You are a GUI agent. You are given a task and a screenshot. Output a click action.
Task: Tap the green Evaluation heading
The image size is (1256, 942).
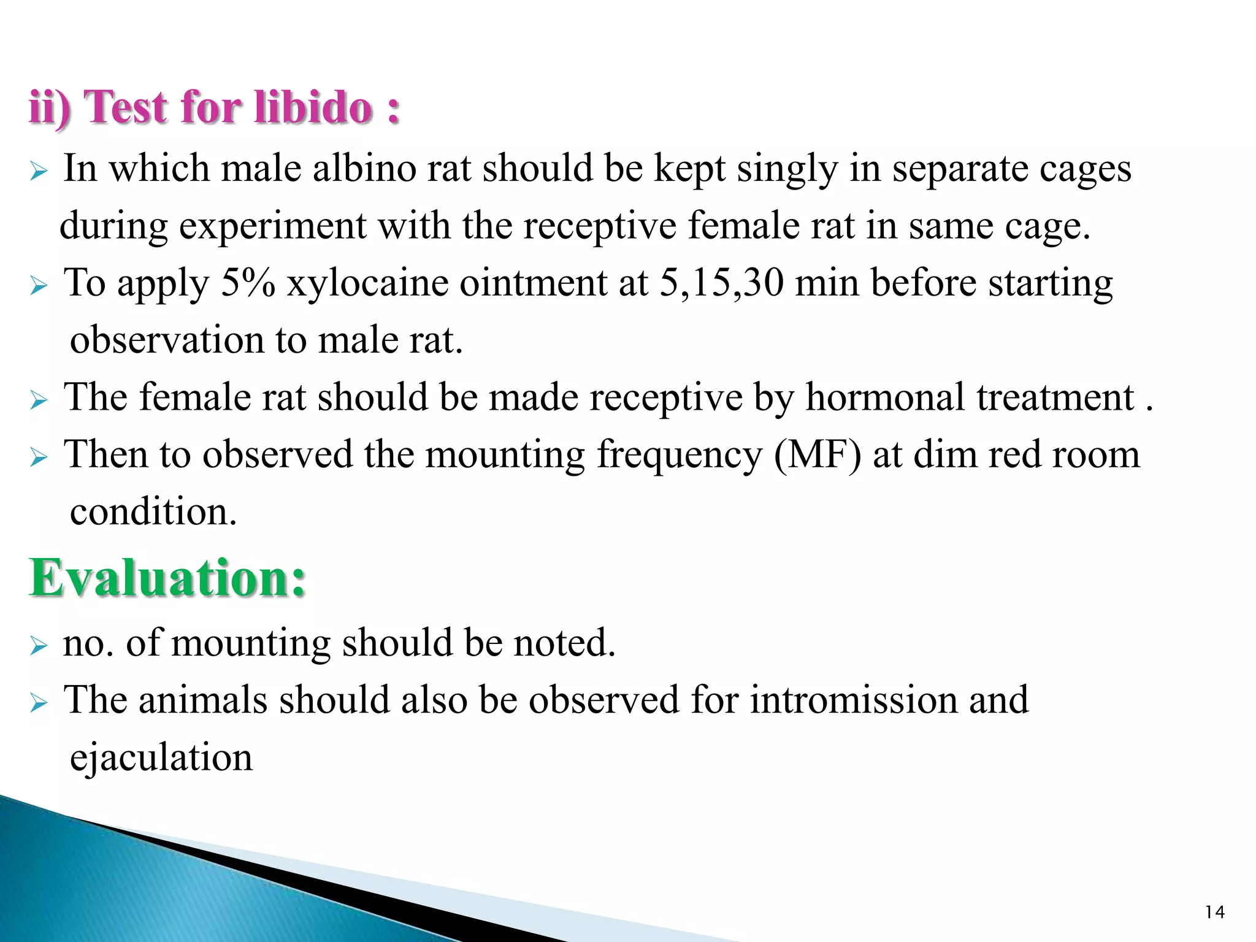pos(167,578)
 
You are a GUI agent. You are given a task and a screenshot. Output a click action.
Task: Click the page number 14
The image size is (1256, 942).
pos(1214,913)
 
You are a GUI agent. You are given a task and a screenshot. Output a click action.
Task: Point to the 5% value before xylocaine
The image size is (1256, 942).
pos(247,283)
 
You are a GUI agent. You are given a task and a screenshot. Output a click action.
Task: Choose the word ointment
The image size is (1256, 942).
pos(533,283)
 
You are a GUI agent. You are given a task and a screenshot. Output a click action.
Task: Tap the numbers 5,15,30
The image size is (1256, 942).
pos(721,283)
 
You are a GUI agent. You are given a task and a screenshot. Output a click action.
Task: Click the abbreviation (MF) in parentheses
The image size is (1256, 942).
pos(817,455)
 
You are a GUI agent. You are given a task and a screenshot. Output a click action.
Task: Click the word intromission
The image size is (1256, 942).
pos(854,700)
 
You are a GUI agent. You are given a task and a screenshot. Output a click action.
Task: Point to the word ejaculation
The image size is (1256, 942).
pos(161,757)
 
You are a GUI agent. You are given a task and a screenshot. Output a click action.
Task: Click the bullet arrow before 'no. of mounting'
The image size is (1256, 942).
pos(38,645)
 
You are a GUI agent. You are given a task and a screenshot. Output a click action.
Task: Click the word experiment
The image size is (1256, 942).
pos(272,226)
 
